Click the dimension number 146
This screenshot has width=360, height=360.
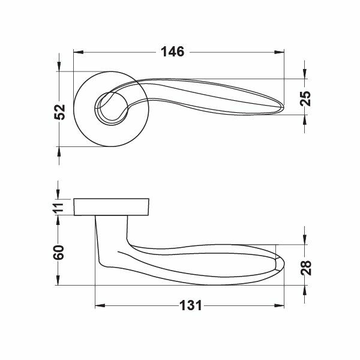[x=172, y=52]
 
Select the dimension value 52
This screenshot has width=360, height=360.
[x=59, y=112]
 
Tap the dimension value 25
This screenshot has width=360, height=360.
[x=305, y=98]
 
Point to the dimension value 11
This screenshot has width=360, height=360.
[x=59, y=208]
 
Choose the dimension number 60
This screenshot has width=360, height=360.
[x=58, y=253]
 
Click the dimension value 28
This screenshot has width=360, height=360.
[x=305, y=268]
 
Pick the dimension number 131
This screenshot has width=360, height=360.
[x=191, y=305]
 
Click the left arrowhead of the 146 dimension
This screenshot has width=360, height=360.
[x=78, y=52]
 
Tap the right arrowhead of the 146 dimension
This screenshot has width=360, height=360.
[x=279, y=52]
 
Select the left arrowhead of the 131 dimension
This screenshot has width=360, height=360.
[x=100, y=305]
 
